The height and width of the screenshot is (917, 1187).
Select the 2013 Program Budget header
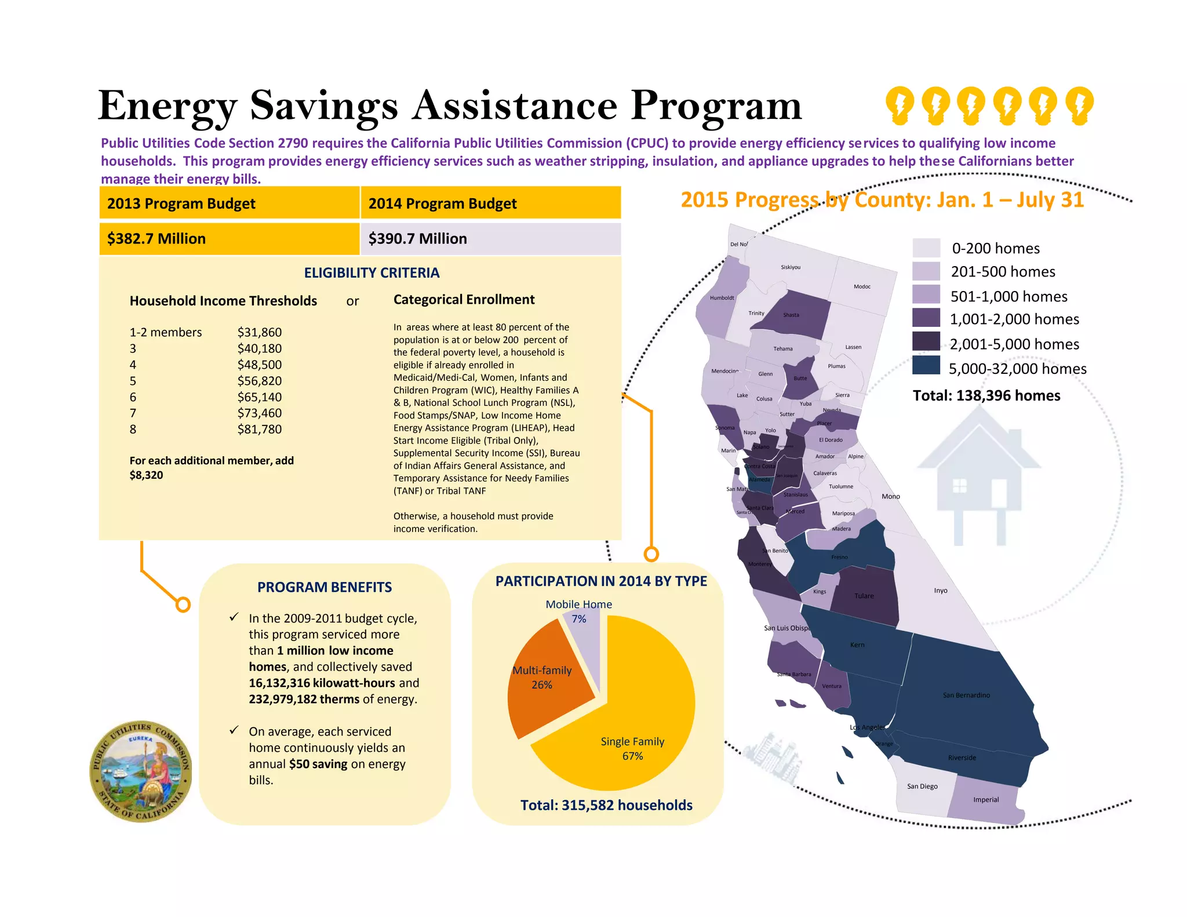181,203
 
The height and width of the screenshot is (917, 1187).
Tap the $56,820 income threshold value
259,381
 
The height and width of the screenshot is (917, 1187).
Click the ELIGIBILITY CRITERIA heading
372,273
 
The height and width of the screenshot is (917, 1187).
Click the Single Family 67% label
632,748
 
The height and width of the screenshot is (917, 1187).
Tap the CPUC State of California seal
141,772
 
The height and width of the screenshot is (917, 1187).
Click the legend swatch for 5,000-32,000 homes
926,366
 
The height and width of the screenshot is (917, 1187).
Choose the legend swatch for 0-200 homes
926,248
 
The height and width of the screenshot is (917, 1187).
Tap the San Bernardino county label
966,695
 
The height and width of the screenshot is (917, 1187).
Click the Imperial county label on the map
986,800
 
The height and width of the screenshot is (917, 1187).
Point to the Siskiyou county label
791,267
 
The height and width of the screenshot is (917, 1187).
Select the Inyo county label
941,591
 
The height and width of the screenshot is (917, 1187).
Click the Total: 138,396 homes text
986,395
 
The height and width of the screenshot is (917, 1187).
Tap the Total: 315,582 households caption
606,805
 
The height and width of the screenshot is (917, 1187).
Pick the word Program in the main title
716,107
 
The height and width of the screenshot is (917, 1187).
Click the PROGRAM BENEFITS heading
325,587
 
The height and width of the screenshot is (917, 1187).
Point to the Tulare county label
864,596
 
